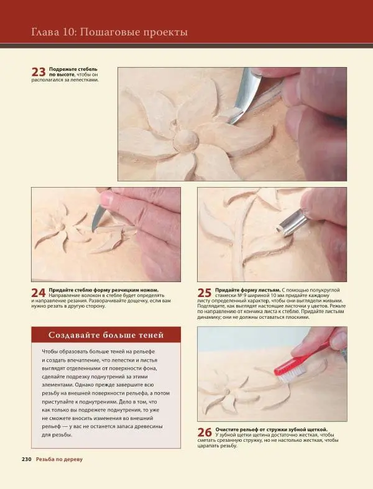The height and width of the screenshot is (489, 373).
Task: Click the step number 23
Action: (39, 72)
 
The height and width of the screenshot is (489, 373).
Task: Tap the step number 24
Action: (39, 293)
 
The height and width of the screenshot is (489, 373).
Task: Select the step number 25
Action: (205, 293)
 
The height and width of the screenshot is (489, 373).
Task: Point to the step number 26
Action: (205, 432)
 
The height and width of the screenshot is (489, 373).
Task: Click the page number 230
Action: (27, 459)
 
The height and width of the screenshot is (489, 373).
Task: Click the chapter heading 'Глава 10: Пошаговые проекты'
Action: (109, 32)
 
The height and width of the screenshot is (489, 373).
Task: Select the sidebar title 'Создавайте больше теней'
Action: (106, 336)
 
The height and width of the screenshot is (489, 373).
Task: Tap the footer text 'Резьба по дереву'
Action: (59, 459)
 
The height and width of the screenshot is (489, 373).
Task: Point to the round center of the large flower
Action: (186, 140)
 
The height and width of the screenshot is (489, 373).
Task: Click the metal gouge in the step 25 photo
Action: (293, 221)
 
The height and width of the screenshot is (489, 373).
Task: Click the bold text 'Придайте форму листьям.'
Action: (248, 290)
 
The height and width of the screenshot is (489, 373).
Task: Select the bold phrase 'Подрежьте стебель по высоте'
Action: (73, 71)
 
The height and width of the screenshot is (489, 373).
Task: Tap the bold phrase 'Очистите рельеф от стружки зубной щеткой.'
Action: (271, 429)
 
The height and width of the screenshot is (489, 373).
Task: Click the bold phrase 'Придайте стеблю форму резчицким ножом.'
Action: (104, 290)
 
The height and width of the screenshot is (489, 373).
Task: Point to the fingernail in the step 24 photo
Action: (107, 198)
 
